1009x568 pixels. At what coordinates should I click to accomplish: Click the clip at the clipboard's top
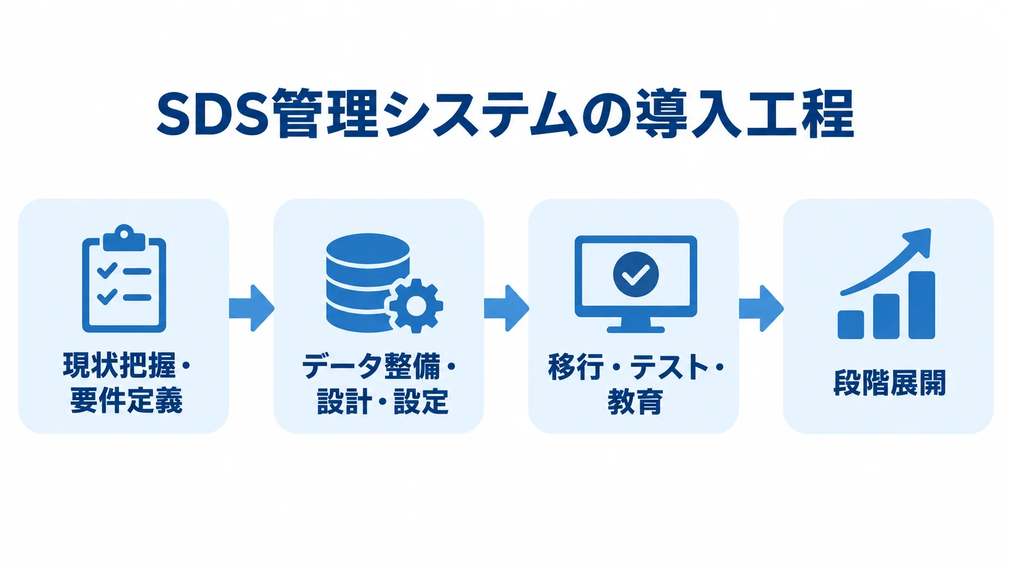[x=124, y=237]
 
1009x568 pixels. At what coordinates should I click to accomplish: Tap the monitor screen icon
[x=635, y=284]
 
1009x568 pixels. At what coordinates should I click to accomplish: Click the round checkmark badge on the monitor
[x=635, y=274]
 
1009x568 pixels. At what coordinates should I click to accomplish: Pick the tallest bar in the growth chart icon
[x=921, y=305]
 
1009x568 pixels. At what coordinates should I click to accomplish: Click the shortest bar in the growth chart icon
[x=850, y=324]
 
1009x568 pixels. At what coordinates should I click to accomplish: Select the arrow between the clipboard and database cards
[x=252, y=308]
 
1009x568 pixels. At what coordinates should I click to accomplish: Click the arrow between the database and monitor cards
[x=506, y=308]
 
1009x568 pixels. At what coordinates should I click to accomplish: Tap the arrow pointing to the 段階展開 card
[x=761, y=308]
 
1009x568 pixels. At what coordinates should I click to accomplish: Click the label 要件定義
[x=126, y=400]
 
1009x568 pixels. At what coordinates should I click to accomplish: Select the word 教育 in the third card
[x=635, y=401]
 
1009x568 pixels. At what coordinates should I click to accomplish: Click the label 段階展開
[x=890, y=383]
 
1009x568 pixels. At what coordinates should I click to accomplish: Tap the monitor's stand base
[x=635, y=329]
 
